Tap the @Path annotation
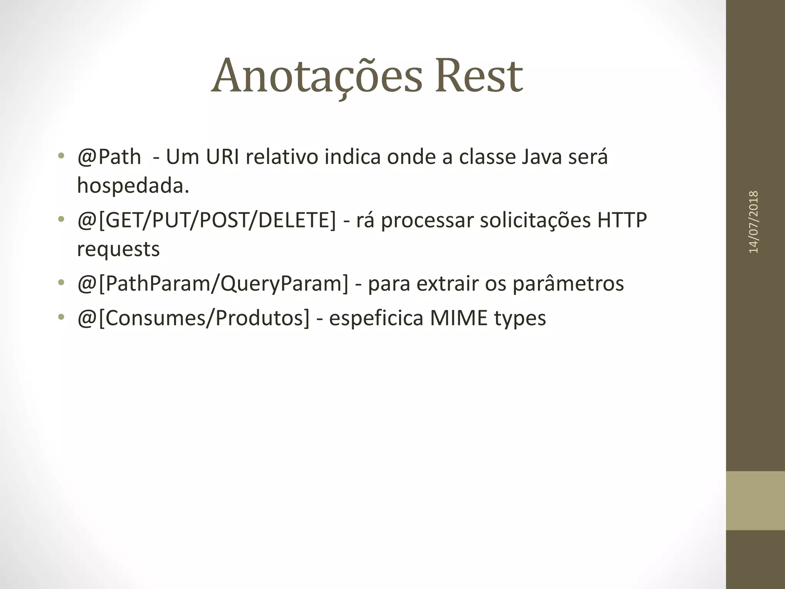tap(109, 157)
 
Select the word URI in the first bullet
tap(223, 157)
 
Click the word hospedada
tap(133, 186)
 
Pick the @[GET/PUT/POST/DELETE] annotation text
tap(206, 220)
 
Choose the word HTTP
tap(622, 220)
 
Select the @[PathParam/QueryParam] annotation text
tap(213, 284)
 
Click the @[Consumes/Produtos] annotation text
tap(193, 318)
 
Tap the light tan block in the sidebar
tap(755, 501)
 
